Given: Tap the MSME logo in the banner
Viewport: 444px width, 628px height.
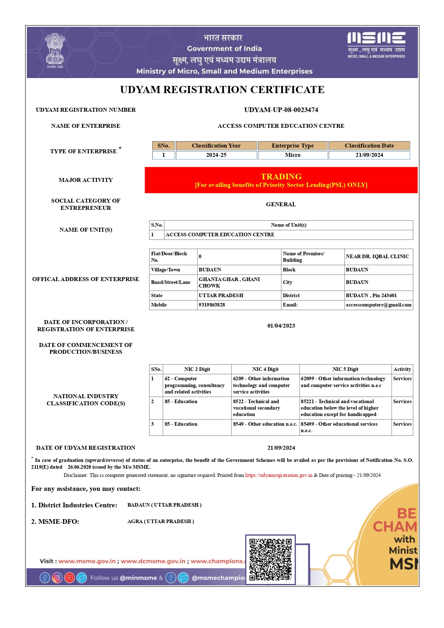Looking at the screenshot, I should point(376,45).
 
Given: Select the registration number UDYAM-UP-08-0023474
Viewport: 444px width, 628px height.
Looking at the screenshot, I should point(281,110).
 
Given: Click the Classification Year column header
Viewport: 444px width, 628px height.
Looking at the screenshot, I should point(216,146).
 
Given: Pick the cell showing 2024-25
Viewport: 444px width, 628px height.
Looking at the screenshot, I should point(216,155).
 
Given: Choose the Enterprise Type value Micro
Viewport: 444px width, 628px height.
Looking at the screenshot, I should point(293,155).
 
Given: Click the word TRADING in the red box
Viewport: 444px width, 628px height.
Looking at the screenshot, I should point(281,177).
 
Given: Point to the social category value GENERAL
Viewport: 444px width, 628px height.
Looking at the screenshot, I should point(281,204).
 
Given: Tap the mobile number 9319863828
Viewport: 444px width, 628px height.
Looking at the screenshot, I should point(212,305).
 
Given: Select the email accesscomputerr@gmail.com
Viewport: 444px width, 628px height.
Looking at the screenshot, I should point(378,305).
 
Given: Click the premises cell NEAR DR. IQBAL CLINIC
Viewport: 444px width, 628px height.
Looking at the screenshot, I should point(377,257).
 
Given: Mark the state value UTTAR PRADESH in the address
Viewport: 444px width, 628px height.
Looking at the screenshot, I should point(221,296).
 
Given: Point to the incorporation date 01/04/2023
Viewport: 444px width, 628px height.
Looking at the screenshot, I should point(281,326).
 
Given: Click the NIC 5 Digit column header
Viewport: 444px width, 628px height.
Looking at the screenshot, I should point(345,369).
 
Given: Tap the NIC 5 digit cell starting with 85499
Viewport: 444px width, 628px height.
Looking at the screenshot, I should point(339,427).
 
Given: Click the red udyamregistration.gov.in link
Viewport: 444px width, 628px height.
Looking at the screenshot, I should point(279,475).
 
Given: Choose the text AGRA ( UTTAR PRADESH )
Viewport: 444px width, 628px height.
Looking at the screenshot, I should point(161,522).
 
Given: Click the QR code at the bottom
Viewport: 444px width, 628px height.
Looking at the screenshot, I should point(270,560).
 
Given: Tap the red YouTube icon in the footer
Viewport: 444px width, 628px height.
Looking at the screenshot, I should point(69,578).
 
